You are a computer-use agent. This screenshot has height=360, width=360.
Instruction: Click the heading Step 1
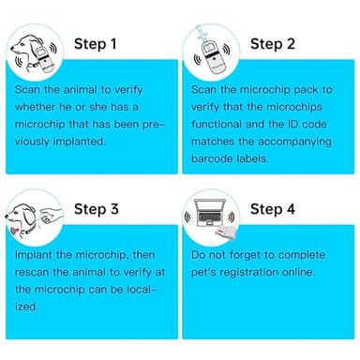point(96,44)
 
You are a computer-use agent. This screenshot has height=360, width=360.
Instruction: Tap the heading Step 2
point(273,44)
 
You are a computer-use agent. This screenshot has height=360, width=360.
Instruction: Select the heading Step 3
point(97,209)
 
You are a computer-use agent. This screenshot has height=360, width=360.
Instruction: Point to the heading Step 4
point(273,209)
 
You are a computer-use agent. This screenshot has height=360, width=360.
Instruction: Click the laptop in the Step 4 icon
point(209,213)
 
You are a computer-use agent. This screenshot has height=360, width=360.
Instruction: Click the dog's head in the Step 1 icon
point(25,47)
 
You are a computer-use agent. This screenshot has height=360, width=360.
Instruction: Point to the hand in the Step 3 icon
point(52,214)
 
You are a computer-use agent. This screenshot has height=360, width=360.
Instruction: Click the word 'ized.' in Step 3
point(26,307)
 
